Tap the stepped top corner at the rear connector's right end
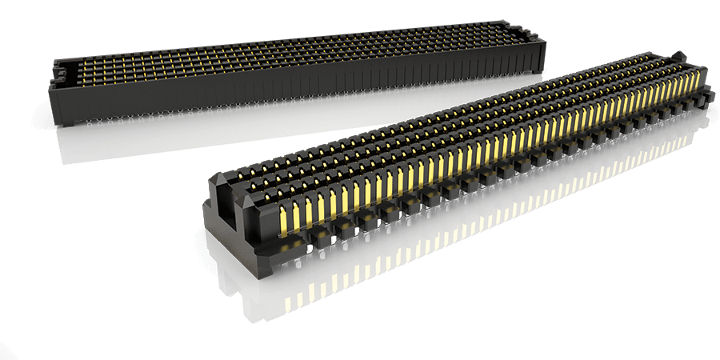tap(530, 31)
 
